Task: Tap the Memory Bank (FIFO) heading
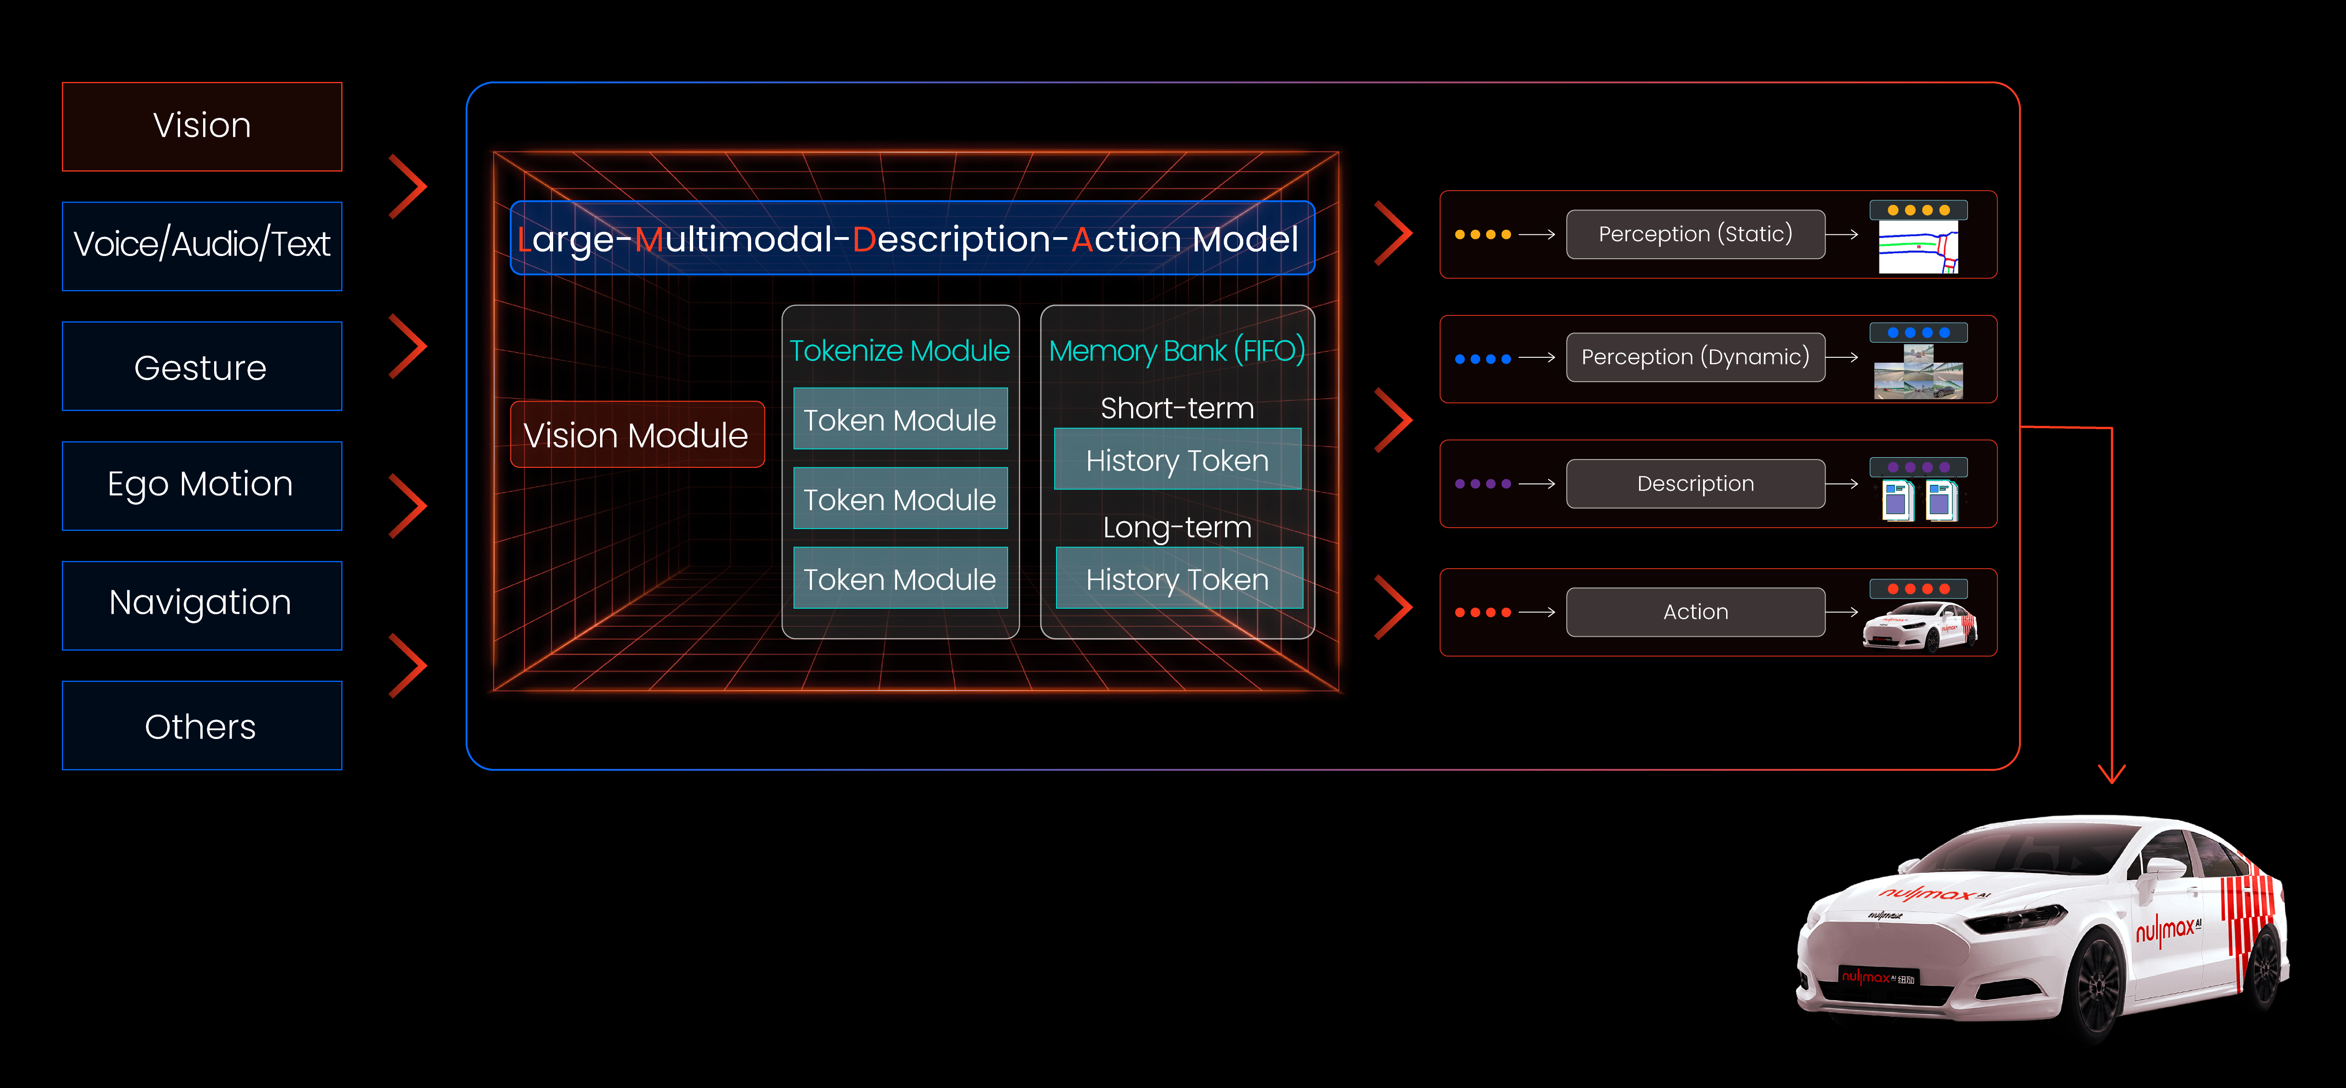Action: click(1177, 350)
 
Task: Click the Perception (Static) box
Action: click(1695, 234)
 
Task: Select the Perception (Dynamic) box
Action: click(1695, 357)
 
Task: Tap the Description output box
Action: click(1695, 483)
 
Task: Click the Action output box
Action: click(1695, 612)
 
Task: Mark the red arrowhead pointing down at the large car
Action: click(2111, 774)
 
